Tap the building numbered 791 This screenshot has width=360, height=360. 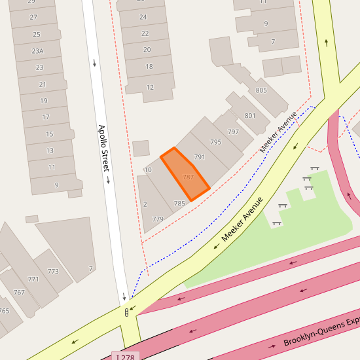point(200,157)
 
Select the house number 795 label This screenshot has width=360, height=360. point(216,142)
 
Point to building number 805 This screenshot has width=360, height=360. point(261,90)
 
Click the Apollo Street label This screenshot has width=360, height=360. point(103,148)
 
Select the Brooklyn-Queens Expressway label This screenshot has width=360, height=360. point(321,332)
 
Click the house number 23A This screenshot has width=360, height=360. point(38,51)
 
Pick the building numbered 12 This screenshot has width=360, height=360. point(150,88)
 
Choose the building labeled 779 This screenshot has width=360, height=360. point(157,219)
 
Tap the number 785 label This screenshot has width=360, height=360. point(179,204)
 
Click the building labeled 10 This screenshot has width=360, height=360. point(148,170)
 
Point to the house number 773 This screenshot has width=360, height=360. point(53,271)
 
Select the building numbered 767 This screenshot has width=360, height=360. point(19,293)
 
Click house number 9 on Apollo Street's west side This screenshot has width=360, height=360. point(56,185)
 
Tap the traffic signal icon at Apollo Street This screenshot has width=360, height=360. point(126,312)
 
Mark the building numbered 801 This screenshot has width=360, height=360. point(250,116)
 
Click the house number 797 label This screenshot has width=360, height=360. point(233,132)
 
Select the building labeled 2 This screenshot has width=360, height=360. point(145,204)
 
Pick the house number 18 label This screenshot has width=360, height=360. point(149,67)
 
